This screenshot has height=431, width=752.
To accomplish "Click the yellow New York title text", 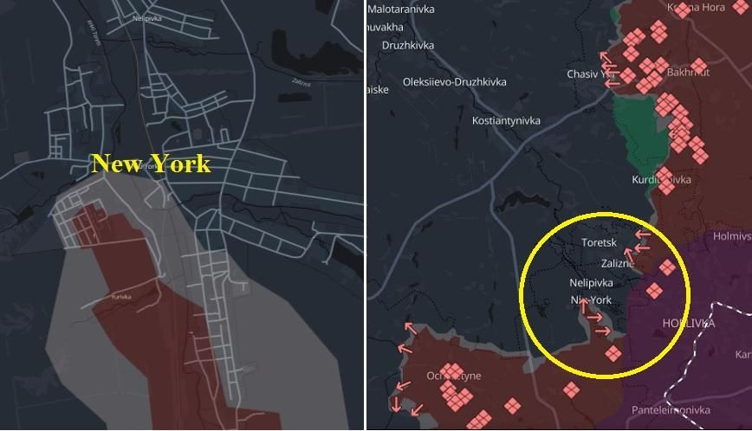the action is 151,164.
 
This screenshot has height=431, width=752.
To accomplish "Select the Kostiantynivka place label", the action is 506,120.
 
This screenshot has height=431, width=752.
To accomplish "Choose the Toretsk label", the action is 599,243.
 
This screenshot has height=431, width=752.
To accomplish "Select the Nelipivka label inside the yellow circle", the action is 591,283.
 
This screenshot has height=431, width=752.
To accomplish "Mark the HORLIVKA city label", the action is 689,323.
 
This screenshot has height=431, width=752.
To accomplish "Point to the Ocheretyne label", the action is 453,376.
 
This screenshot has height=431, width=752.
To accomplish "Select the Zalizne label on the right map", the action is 616,263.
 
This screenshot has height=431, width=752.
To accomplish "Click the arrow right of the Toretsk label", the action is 643,234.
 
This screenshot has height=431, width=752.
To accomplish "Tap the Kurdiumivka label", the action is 660,179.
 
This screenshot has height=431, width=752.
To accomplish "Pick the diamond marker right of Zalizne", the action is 666,267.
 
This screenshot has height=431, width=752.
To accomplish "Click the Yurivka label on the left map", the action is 123,296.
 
